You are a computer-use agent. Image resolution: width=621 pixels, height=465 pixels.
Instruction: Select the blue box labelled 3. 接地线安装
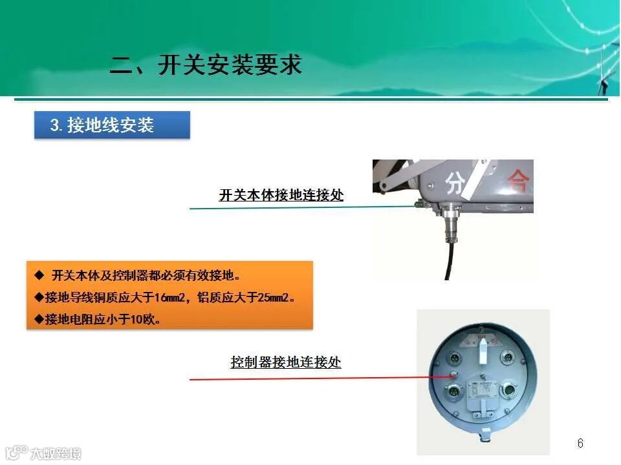tap(111, 125)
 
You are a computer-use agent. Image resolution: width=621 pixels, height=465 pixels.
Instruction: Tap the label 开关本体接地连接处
tap(281, 195)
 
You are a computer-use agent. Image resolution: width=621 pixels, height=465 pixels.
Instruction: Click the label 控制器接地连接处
tap(285, 362)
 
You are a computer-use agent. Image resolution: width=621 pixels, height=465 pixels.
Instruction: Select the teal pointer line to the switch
tap(298, 207)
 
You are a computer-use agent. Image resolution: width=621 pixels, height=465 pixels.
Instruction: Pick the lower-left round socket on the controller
tap(452, 392)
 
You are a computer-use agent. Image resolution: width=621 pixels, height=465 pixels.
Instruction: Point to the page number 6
tap(580, 443)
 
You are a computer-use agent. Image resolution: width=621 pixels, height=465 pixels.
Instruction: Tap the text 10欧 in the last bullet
tap(145, 319)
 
